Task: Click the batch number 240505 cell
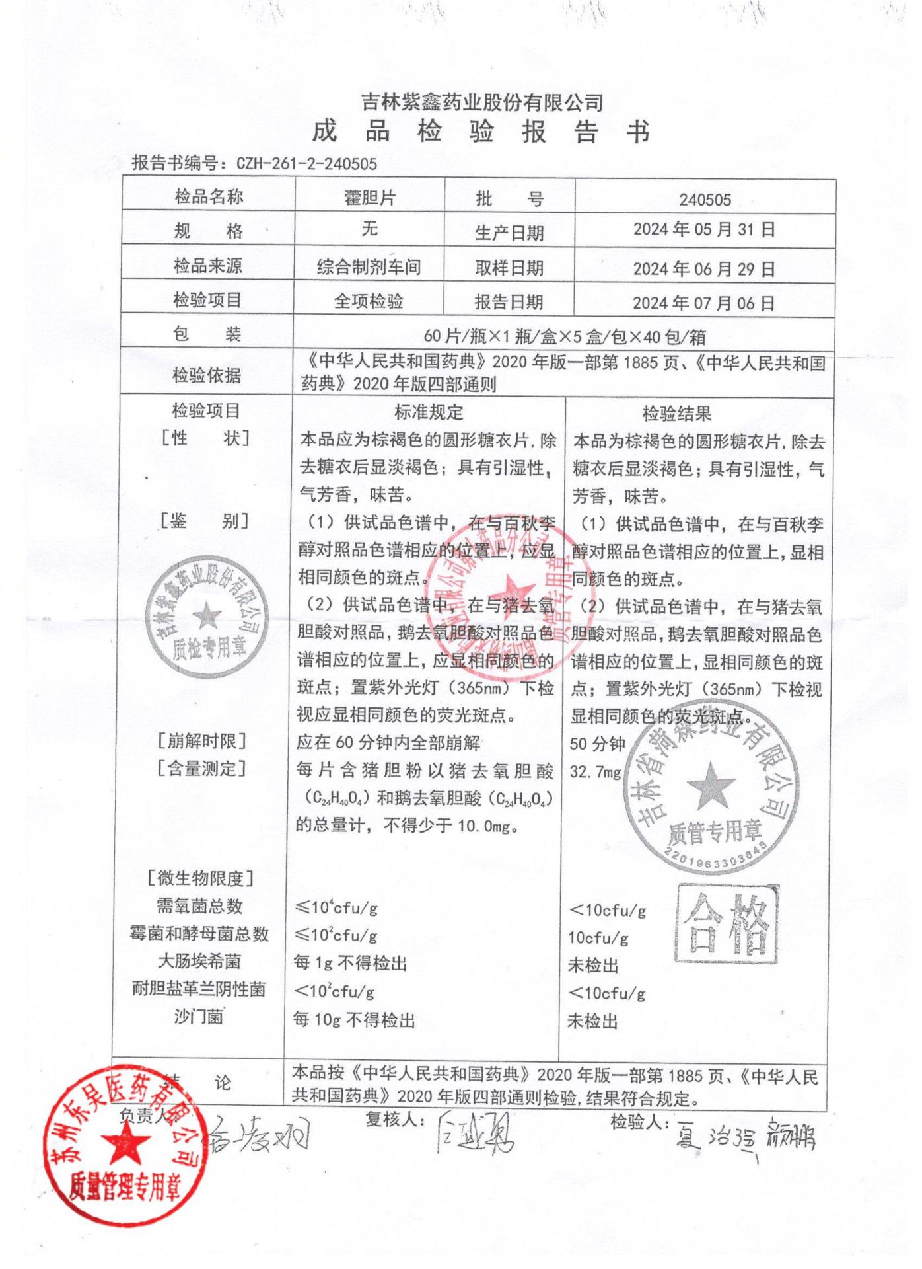(705, 200)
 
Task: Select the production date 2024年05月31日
(704, 230)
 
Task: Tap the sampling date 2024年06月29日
(704, 268)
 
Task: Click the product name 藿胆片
(369, 198)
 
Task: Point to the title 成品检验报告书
(481, 132)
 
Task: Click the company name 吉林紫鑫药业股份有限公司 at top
(482, 102)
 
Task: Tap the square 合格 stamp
(727, 924)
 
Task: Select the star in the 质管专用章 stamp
(711, 786)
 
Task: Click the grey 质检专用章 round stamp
(207, 618)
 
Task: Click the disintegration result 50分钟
(597, 744)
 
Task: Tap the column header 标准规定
(429, 413)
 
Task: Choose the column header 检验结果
(676, 414)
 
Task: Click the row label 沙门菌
(199, 1017)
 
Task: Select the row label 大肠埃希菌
(199, 961)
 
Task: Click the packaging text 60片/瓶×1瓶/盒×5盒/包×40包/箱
(565, 337)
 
